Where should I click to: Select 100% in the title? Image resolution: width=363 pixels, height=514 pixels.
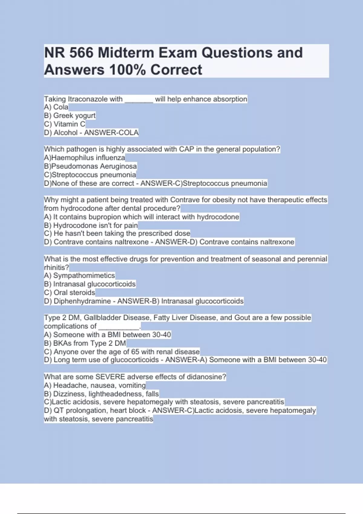[128, 70]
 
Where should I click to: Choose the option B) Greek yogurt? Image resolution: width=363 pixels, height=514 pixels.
[70, 115]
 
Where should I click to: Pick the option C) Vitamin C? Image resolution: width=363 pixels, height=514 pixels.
[65, 124]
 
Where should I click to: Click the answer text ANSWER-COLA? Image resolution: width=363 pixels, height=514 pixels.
[111, 132]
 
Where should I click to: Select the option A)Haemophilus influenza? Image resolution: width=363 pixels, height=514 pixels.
[84, 158]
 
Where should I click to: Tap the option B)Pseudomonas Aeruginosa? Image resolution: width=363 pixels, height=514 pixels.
[90, 166]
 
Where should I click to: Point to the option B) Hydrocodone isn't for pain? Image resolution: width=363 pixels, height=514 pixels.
[91, 225]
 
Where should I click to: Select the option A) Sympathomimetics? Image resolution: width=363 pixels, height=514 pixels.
[79, 275]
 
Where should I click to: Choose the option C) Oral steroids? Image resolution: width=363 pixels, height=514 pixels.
[70, 292]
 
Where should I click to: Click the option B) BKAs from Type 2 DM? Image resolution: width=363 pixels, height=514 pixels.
[85, 343]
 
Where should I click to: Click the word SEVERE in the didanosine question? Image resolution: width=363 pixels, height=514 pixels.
[110, 377]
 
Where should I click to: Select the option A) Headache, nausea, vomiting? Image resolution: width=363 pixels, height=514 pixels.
[95, 385]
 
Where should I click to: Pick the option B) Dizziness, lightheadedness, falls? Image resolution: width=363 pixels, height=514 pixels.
[101, 394]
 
